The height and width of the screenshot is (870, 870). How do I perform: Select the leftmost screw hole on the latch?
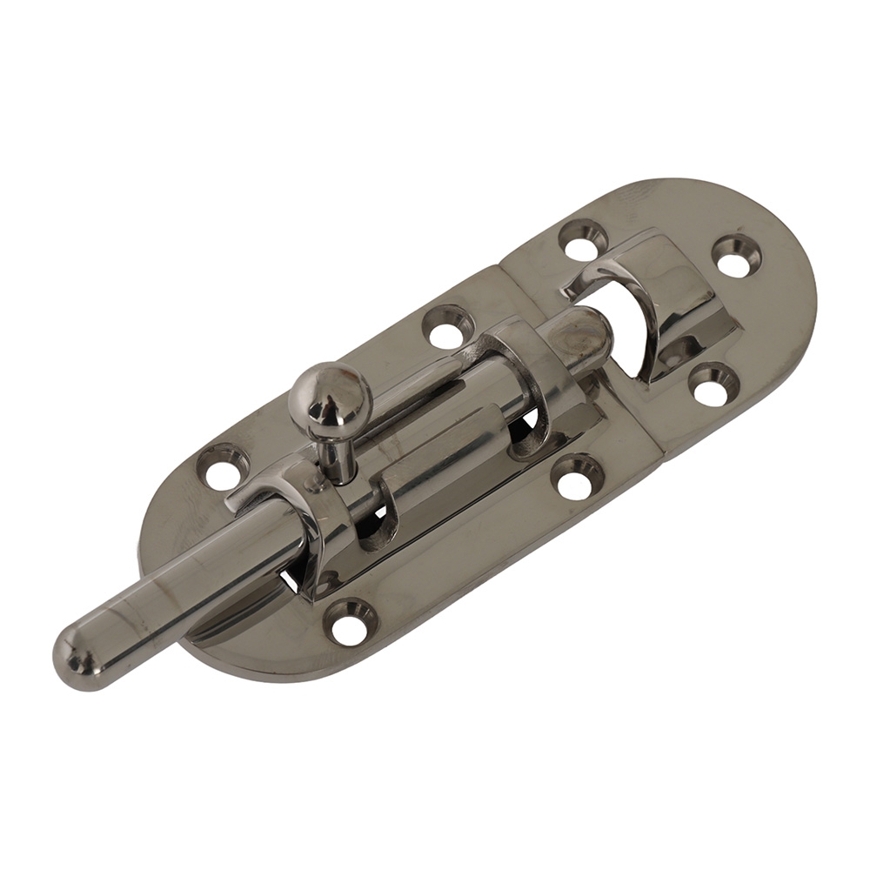tap(223, 470)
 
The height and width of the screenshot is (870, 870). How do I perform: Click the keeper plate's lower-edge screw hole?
tap(713, 385)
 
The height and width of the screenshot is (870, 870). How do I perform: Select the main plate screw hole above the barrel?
tap(449, 329)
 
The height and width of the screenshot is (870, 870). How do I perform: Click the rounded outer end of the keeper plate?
tap(783, 287)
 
